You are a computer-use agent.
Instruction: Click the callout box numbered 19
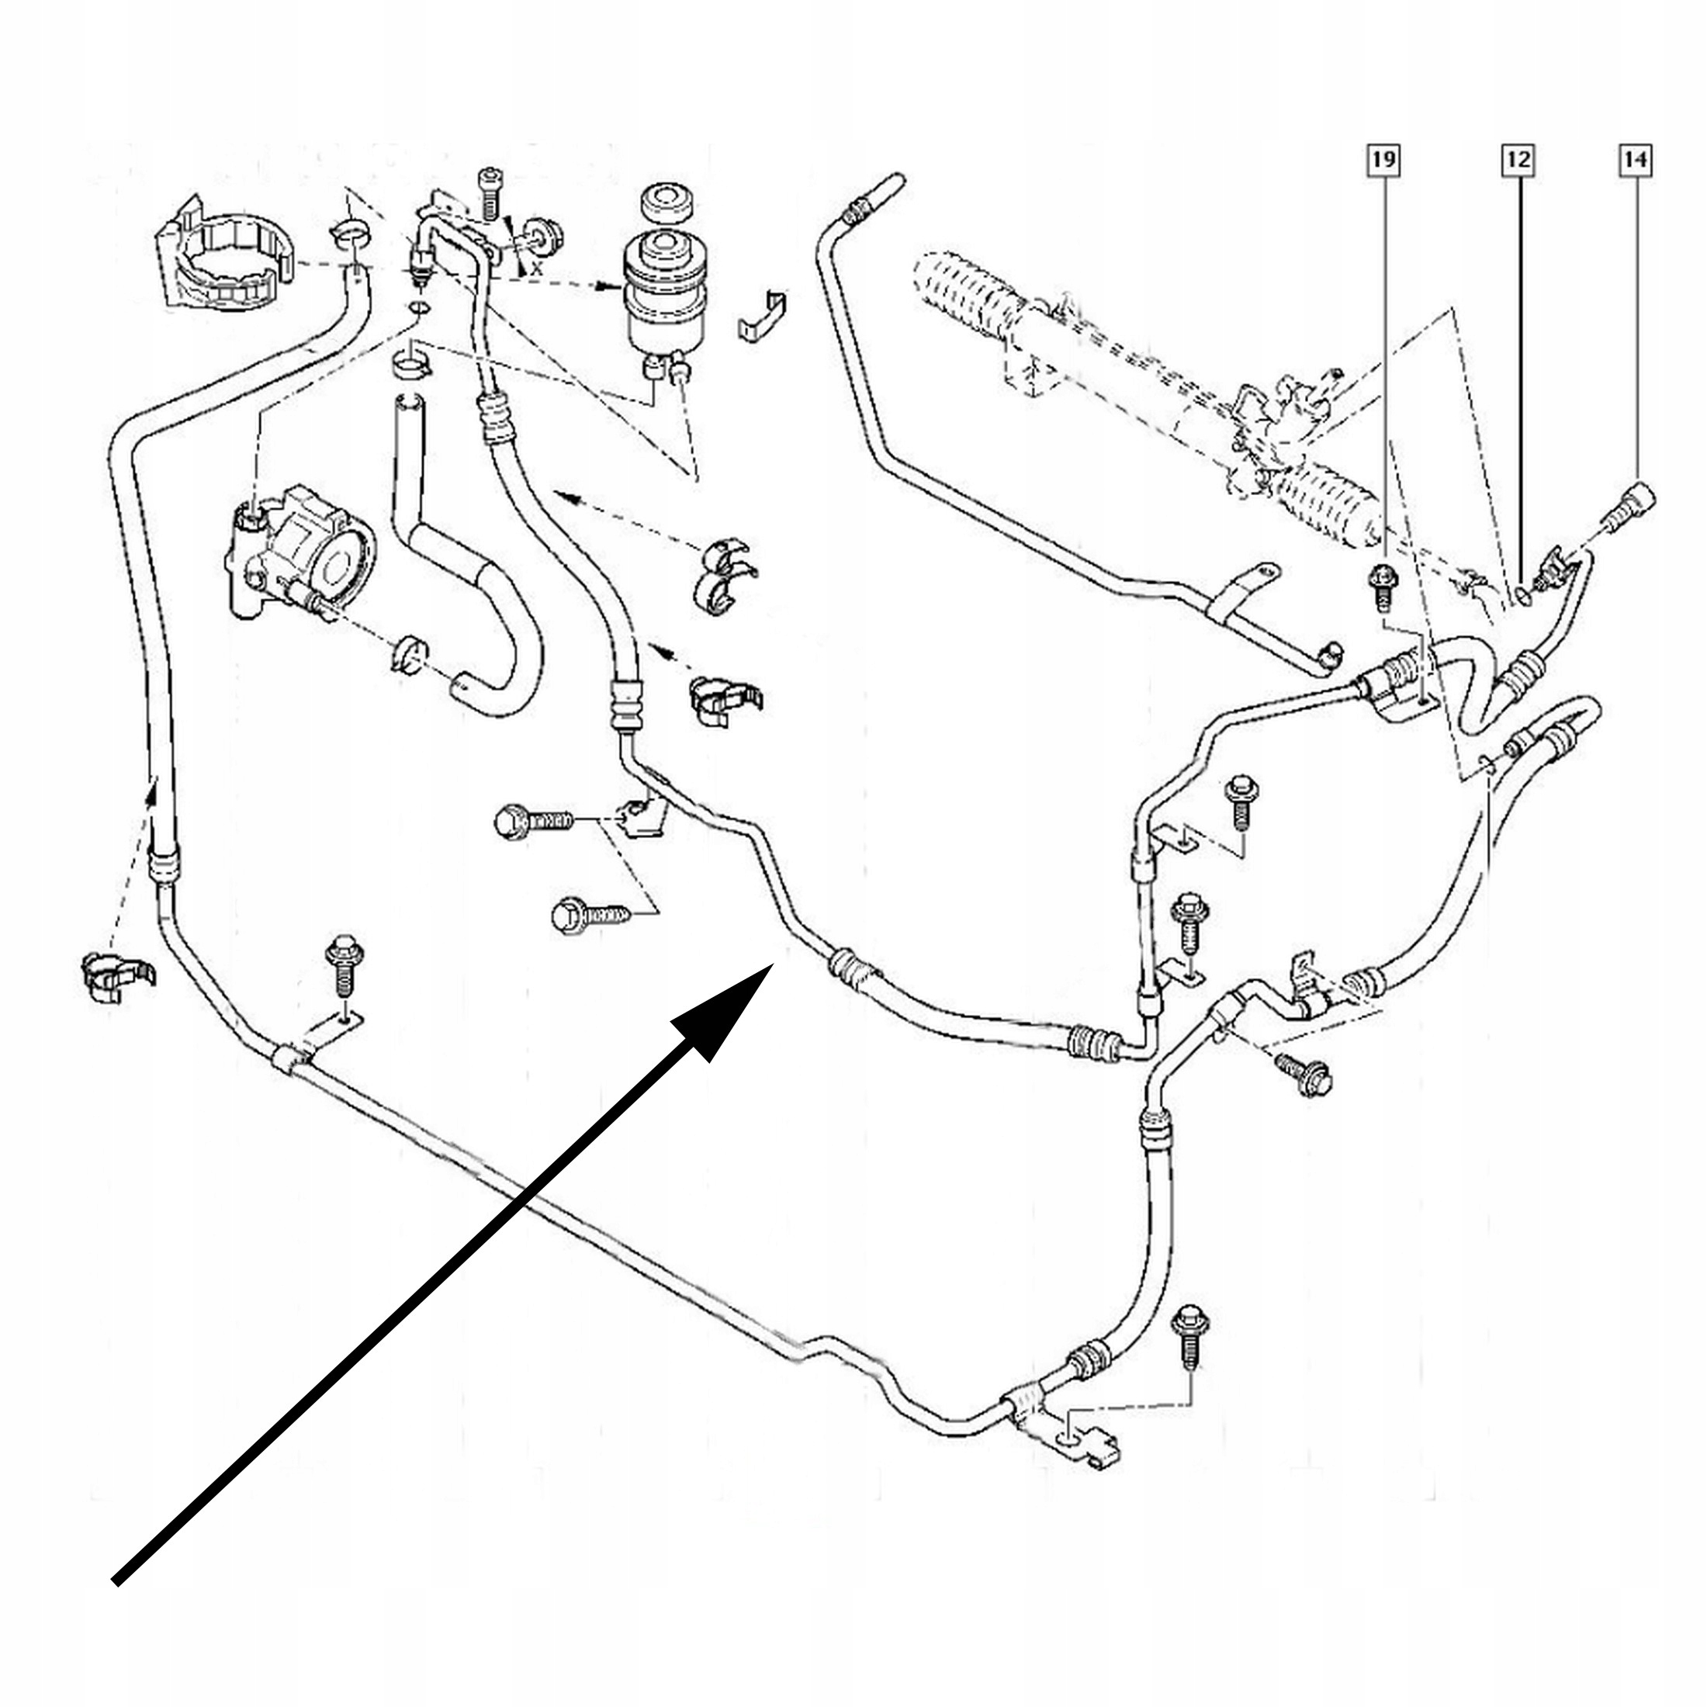coord(1383,160)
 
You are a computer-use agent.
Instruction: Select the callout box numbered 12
coord(1518,160)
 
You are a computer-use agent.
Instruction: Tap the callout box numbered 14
coord(1635,160)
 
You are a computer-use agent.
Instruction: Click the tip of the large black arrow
coord(771,966)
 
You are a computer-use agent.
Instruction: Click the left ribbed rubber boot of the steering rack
coord(968,296)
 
